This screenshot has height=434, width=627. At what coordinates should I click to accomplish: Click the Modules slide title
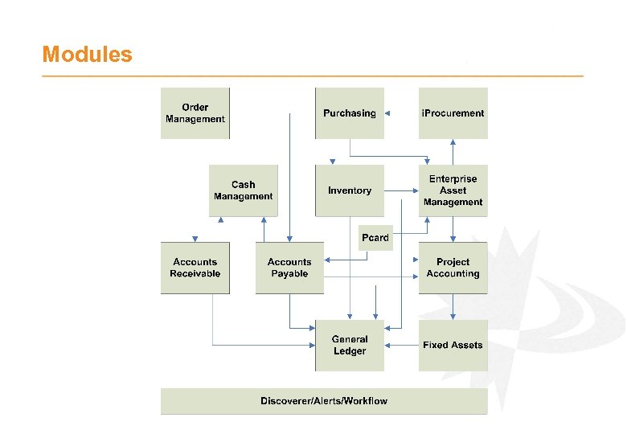pyautogui.click(x=87, y=55)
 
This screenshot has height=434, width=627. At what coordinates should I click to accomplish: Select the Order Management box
pyautogui.click(x=195, y=113)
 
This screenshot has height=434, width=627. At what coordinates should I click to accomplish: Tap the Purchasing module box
pyautogui.click(x=350, y=113)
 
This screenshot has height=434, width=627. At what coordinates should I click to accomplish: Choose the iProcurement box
pyautogui.click(x=453, y=113)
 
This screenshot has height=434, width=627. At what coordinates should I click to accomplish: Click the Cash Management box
pyautogui.click(x=243, y=190)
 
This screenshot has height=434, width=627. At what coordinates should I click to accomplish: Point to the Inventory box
pyautogui.click(x=350, y=190)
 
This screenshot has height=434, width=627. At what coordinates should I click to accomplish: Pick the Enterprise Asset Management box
pyautogui.click(x=453, y=190)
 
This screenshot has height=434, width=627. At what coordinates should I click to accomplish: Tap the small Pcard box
pyautogui.click(x=375, y=238)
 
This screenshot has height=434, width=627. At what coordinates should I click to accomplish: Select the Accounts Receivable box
pyautogui.click(x=195, y=268)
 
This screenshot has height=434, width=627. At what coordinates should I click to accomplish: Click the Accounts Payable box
pyautogui.click(x=289, y=268)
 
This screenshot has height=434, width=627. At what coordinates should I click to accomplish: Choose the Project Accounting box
pyautogui.click(x=453, y=268)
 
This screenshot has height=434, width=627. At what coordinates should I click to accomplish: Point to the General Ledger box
pyautogui.click(x=350, y=345)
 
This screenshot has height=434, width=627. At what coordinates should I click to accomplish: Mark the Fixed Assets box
pyautogui.click(x=453, y=345)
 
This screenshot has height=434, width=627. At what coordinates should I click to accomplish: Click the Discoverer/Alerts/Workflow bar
pyautogui.click(x=324, y=401)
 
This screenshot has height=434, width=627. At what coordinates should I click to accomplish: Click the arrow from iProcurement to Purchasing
pyautogui.click(x=401, y=113)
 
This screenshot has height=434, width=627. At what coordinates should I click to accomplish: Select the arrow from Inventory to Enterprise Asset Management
pyautogui.click(x=401, y=190)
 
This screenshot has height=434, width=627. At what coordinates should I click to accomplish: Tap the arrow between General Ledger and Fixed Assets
pyautogui.click(x=401, y=345)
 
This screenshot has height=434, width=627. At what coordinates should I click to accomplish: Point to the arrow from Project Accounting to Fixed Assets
pyautogui.click(x=453, y=306)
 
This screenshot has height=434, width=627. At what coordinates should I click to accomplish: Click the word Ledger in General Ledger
pyautogui.click(x=350, y=351)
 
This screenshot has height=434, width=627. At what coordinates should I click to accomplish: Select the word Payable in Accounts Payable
pyautogui.click(x=289, y=274)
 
